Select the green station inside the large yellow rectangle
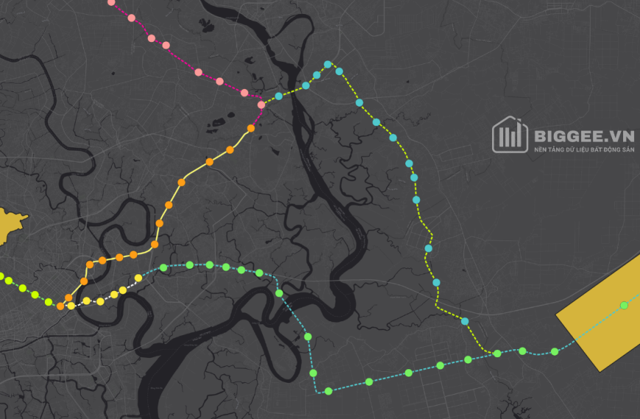point(624,305)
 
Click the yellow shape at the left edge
point(9,224)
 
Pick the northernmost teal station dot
point(328,65)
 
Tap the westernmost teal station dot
point(279,96)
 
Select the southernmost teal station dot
point(465,320)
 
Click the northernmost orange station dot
point(251,128)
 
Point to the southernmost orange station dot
point(60,306)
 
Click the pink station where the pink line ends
point(261,104)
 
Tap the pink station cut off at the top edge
point(111,2)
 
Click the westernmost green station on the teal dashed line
point(163,268)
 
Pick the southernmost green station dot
point(329,391)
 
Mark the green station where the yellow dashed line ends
point(497,354)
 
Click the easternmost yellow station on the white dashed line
point(138,278)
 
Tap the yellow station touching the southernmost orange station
point(71,305)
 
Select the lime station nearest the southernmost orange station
point(49,301)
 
